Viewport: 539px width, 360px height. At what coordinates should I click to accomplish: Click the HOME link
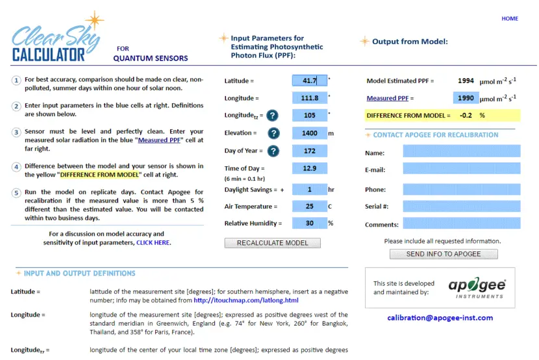pos(509,19)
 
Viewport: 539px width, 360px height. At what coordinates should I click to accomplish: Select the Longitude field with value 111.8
pos(310,98)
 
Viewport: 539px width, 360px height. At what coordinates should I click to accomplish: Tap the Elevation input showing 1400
pos(310,133)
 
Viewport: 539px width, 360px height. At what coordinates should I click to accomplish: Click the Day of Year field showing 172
pos(310,151)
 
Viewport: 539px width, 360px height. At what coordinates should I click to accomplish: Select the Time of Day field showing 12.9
pos(310,168)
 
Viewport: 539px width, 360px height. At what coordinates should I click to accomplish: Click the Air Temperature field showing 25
pos(310,207)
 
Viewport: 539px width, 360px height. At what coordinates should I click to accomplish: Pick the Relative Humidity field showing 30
pos(310,224)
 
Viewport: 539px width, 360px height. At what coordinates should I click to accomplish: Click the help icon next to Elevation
pos(273,133)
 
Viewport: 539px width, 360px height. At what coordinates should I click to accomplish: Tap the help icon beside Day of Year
pos(273,151)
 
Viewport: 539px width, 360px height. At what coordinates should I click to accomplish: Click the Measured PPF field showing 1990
pos(464,98)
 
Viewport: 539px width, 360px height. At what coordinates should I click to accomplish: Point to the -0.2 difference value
pos(465,116)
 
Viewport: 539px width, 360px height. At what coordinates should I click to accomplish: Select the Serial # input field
pos(461,207)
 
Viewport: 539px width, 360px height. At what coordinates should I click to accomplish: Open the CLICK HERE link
pos(153,243)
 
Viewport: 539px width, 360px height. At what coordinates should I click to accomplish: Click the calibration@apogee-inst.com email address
pos(440,318)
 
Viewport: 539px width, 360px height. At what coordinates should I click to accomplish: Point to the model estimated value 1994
pos(465,81)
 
